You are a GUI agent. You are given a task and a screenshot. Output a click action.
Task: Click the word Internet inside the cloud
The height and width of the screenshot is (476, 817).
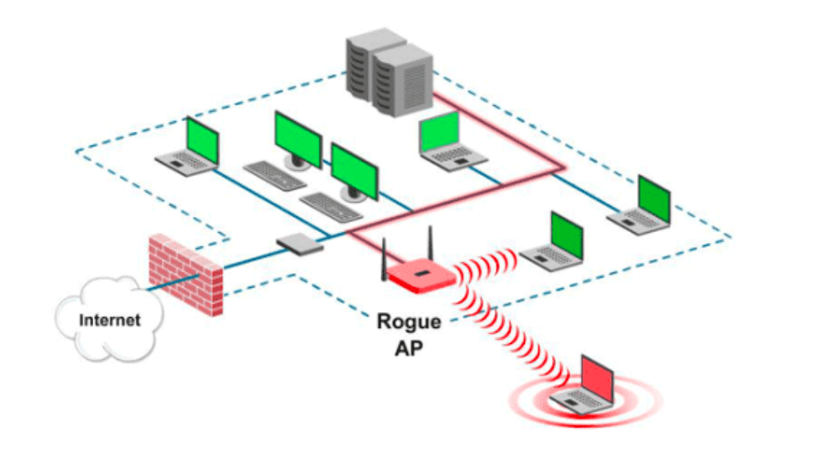[x=109, y=320]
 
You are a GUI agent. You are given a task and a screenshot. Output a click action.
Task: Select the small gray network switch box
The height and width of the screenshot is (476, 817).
[x=300, y=244]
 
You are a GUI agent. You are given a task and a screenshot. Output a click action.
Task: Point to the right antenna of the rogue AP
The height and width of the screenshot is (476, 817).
[x=430, y=244]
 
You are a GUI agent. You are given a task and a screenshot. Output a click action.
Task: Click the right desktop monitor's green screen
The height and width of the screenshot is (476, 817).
[x=354, y=171]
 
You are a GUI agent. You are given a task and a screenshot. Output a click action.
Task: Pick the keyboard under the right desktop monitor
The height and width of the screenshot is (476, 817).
[x=331, y=206]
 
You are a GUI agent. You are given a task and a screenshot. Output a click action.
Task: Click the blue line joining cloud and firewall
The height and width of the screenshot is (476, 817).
[x=173, y=282]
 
